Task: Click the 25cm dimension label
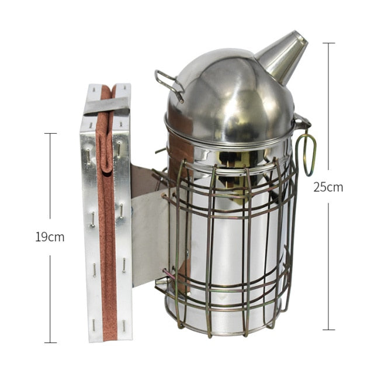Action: tap(328, 187)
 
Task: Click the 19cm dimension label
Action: tap(50, 237)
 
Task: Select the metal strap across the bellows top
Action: tap(106, 106)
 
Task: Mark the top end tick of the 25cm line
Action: tap(328, 43)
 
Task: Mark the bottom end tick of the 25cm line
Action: tap(328, 330)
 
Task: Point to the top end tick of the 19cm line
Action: tap(50, 134)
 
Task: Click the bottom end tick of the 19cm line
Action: tap(50, 342)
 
